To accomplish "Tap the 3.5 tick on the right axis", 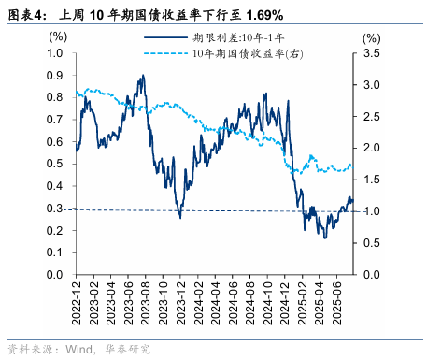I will [372, 53].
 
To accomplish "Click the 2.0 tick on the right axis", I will [372, 148].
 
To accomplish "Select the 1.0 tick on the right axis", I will [372, 211].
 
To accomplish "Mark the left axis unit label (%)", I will [58, 37].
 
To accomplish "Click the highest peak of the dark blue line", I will [142, 76].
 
